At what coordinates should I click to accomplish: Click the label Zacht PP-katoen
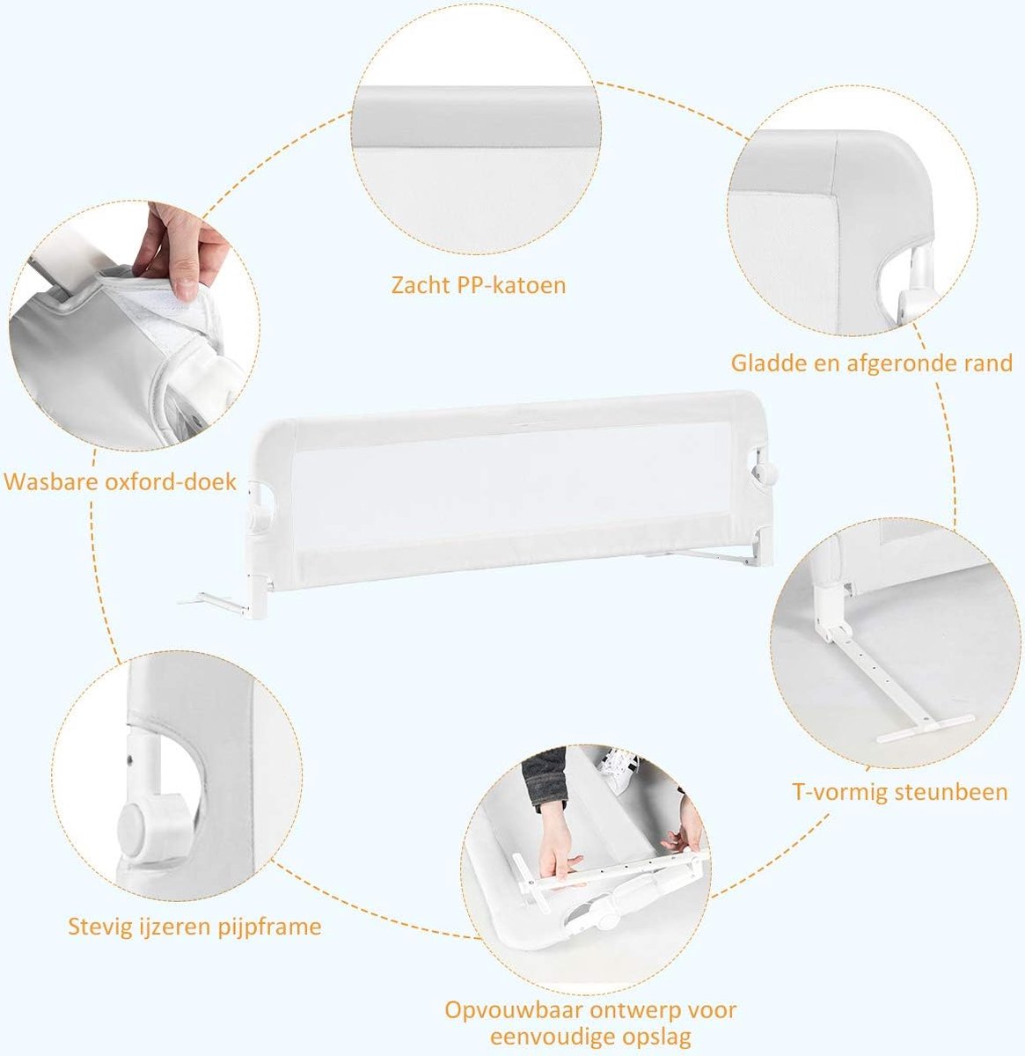[x=479, y=285]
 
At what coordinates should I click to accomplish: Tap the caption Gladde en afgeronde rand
[x=871, y=363]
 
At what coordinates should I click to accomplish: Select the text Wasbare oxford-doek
[x=120, y=482]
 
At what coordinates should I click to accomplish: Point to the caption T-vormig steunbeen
[x=900, y=793]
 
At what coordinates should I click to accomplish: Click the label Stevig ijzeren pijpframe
[x=194, y=927]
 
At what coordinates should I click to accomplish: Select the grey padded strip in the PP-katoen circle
[x=476, y=116]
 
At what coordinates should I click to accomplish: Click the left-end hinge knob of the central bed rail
[x=259, y=517]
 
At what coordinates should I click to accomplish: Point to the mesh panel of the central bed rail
[x=513, y=494]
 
